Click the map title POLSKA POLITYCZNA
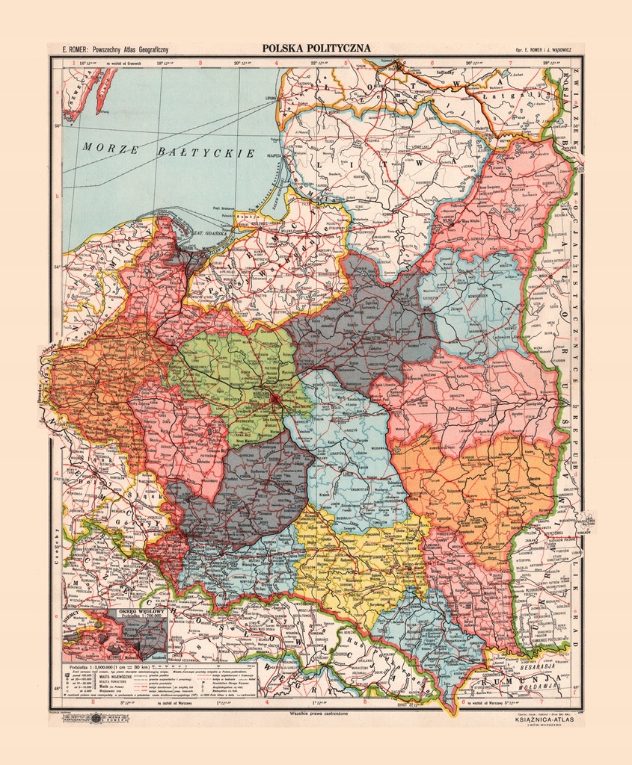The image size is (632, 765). point(316,49)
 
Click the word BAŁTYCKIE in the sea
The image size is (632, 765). point(208,152)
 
